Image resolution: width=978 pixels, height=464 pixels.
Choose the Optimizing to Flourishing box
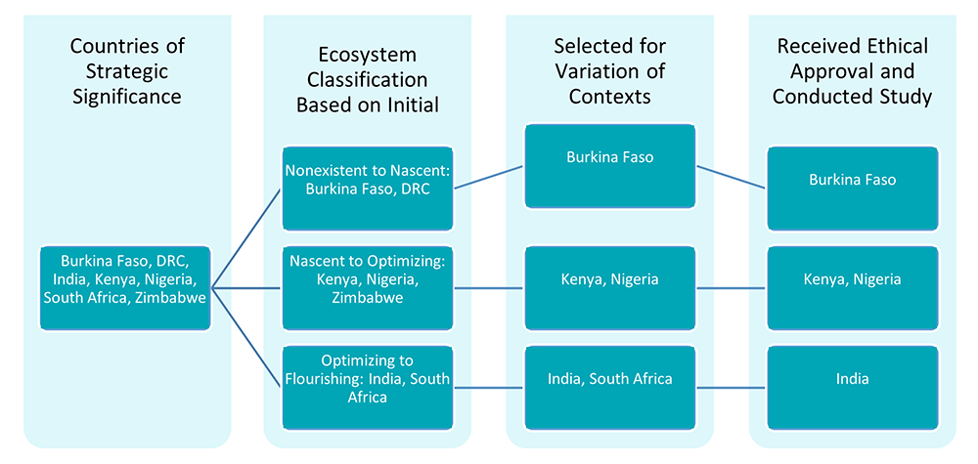point(367,379)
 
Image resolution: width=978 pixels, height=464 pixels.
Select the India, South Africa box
point(609,379)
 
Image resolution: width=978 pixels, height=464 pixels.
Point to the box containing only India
point(852,379)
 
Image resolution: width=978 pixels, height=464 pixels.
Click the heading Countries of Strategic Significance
point(127,70)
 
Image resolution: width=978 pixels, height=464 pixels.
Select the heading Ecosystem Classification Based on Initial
point(368,79)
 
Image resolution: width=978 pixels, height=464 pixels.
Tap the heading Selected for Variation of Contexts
point(610,70)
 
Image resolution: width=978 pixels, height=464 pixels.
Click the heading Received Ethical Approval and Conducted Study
point(852,70)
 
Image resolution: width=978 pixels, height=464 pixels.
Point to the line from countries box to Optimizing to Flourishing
point(246,332)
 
